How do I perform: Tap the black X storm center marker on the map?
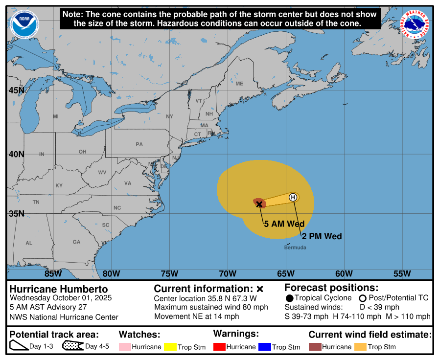(259, 204)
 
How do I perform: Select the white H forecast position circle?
(293, 197)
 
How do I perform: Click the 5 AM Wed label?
(281, 224)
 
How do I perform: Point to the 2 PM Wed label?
(321, 236)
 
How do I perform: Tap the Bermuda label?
(295, 247)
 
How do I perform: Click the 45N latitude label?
(16, 90)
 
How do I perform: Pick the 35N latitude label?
(16, 214)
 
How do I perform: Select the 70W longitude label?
(228, 273)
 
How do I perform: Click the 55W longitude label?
(402, 273)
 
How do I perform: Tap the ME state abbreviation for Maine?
(239, 84)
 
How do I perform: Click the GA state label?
(76, 242)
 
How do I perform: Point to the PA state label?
(139, 144)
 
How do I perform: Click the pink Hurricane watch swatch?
(125, 347)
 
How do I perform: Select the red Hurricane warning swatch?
(220, 347)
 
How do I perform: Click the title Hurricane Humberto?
(59, 289)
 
